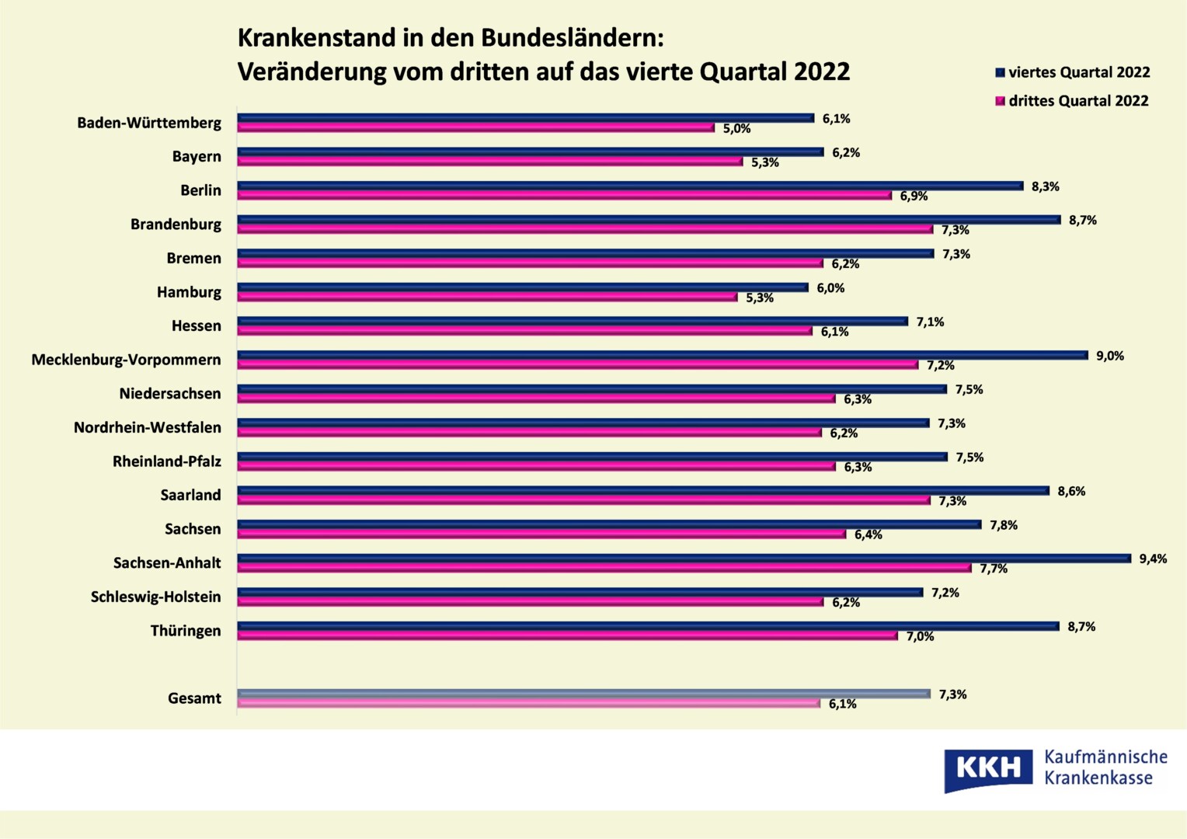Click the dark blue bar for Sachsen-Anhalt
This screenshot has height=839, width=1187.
[684, 559]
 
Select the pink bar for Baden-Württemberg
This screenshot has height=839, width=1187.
[475, 127]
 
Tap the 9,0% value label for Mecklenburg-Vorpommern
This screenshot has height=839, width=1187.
[1109, 356]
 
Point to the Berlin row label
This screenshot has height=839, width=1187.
[200, 190]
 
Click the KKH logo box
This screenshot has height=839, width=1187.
[988, 769]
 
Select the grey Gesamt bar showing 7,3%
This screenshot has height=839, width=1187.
[583, 694]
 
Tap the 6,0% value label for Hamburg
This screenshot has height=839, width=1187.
[830, 288]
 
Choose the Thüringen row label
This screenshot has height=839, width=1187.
[186, 631]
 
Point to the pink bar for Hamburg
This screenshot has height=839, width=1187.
[487, 297]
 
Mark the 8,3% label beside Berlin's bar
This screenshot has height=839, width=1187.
[1045, 186]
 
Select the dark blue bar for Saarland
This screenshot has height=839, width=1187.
[643, 491]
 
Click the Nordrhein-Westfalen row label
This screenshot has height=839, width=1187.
[148, 427]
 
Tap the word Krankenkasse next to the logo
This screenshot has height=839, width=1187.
[1098, 778]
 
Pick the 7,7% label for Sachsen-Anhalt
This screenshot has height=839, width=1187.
[993, 569]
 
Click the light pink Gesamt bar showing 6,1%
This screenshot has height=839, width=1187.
[528, 703]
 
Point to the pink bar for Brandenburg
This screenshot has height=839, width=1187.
[585, 229]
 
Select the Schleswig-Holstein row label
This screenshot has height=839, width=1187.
[155, 597]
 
